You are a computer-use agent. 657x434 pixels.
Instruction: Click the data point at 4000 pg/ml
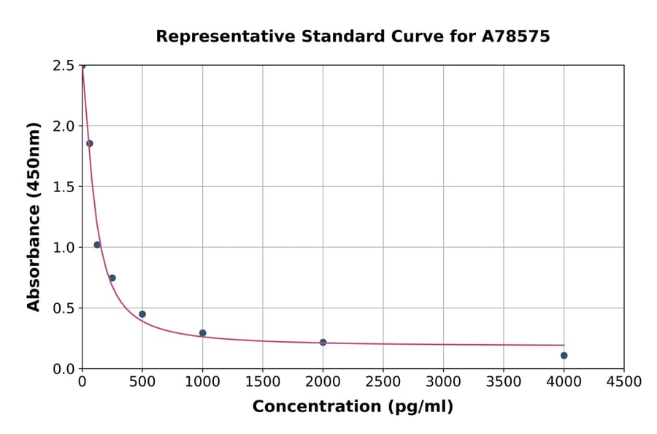564,356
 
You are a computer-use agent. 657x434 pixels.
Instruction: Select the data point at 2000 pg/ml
323,342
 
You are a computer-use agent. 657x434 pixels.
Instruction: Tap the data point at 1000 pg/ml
202,333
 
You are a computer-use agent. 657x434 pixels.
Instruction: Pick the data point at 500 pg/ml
142,314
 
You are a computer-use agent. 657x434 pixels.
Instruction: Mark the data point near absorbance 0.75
112,278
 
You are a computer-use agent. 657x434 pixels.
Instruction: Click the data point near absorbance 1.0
97,245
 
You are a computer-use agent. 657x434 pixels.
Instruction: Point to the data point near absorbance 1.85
90,143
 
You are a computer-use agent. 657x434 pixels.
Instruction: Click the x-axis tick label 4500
623,381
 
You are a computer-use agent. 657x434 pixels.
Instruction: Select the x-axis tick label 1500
263,381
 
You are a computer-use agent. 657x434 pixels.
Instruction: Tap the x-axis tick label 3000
443,381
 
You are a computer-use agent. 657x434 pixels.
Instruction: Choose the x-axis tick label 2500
383,381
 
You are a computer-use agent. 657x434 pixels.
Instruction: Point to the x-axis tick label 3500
503,381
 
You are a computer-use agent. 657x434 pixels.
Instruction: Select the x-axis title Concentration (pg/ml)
353,407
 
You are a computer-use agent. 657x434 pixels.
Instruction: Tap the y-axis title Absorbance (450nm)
34,216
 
